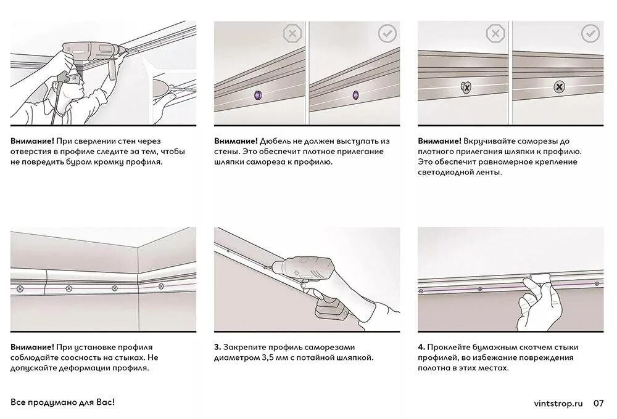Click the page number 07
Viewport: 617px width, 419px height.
(598, 403)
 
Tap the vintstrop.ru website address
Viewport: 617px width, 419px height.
(558, 403)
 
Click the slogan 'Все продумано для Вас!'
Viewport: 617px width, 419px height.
(62, 402)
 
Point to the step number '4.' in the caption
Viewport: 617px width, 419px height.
(421, 347)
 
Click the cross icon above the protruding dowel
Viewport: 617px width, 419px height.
(292, 34)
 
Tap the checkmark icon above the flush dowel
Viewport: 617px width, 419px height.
(387, 34)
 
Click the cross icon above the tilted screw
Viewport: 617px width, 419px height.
(495, 34)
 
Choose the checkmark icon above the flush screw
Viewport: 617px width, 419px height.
(590, 34)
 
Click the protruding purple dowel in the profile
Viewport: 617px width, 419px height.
(259, 94)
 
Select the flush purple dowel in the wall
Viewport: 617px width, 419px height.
(355, 94)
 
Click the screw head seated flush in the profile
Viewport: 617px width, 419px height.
(559, 87)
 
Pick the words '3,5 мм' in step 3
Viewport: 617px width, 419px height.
(274, 357)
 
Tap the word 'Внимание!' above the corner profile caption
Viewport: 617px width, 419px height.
(32, 347)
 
